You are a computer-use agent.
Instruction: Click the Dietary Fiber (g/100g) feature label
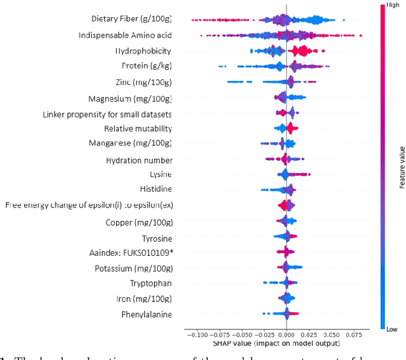131,19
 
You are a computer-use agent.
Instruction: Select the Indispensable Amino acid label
125,35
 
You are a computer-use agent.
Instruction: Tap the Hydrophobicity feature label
143,50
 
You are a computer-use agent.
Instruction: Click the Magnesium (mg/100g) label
130,98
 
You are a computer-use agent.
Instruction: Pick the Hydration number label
139,161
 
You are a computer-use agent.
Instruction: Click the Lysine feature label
160,174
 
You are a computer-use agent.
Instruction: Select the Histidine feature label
155,189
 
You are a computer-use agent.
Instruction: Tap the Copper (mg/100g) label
139,222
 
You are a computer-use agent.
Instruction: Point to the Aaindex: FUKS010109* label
131,253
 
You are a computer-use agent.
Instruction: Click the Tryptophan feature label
150,283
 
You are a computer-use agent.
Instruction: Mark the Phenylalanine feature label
147,314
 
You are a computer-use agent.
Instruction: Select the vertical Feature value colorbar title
401,167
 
